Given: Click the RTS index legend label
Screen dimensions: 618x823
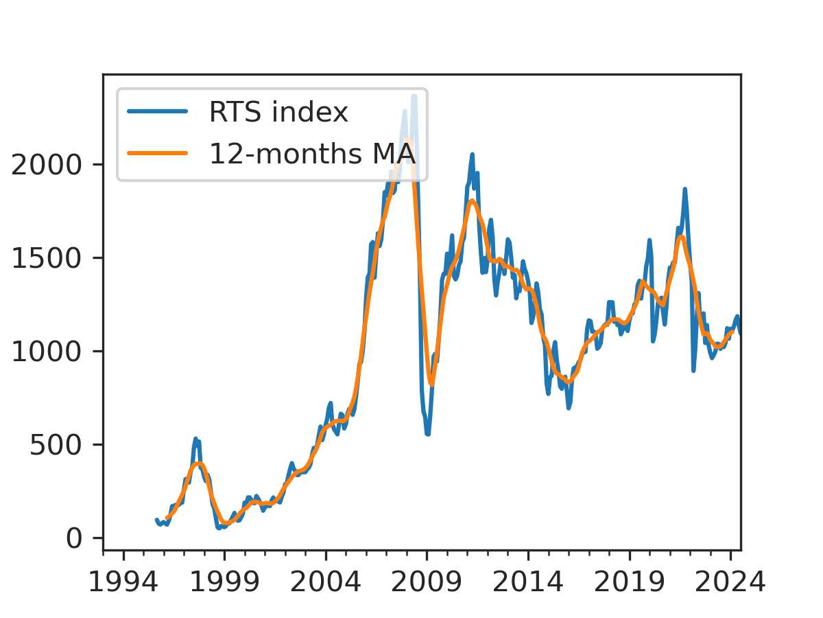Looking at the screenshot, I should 278,113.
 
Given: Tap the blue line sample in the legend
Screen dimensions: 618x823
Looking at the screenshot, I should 157,113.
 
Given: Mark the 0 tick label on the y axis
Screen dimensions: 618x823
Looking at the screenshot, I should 75,538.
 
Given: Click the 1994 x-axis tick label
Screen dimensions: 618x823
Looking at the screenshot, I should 123,582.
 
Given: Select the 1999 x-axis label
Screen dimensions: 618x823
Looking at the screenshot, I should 224,582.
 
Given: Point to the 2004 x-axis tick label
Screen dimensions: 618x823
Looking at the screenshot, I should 325,582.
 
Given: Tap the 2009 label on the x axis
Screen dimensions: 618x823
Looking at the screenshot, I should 427,582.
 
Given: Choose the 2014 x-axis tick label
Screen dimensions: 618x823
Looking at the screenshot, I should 528,582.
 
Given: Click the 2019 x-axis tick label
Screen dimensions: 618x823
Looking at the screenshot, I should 629,582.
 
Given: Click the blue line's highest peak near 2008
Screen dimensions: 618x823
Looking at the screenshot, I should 414,96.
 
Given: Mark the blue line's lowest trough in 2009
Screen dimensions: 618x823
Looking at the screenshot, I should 427,434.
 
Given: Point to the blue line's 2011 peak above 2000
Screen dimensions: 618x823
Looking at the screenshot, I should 472,155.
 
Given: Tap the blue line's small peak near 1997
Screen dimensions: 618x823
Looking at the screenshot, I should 195,439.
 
